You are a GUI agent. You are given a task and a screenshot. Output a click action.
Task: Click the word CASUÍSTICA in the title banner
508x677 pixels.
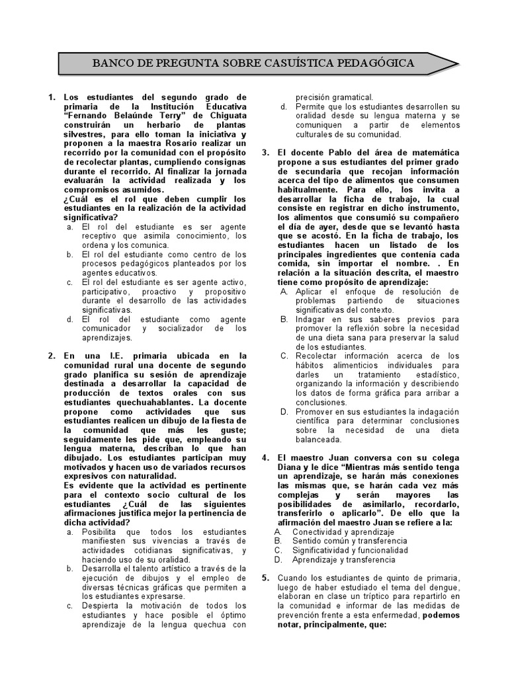pos(303,64)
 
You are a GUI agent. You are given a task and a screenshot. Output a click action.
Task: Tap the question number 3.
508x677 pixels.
pos(265,153)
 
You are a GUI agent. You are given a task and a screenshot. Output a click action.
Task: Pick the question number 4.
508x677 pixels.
pos(265,458)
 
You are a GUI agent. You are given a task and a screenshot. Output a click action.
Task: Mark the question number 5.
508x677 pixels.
pos(265,578)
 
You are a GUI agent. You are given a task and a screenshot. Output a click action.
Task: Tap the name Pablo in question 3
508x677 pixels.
pos(325,153)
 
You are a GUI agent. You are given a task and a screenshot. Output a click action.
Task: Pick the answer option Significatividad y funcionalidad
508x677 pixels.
pos(351,551)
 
